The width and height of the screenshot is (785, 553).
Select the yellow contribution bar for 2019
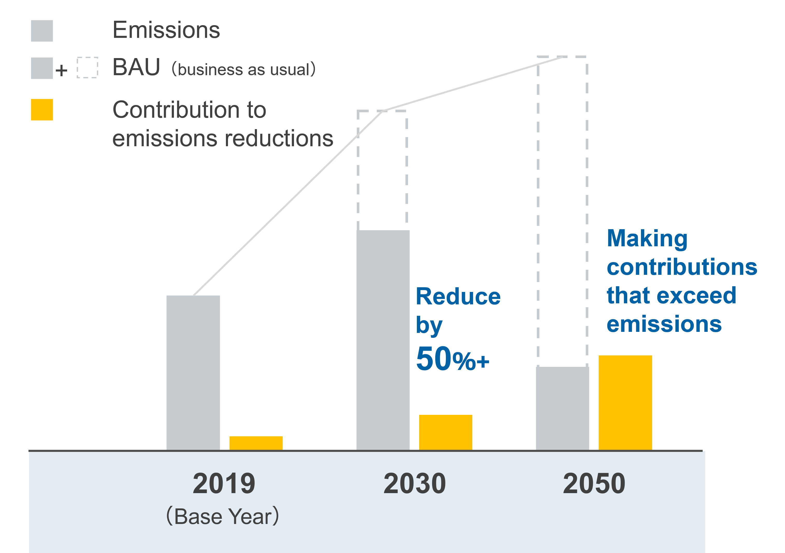click(x=256, y=443)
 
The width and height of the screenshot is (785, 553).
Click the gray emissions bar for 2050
click(x=562, y=408)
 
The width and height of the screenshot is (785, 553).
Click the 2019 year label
click(x=224, y=484)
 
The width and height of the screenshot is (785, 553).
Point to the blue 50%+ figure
click(x=452, y=359)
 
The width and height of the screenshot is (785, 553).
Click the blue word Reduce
click(x=458, y=296)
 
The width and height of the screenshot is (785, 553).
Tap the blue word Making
click(x=647, y=239)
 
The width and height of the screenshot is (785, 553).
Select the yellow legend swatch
click(x=42, y=109)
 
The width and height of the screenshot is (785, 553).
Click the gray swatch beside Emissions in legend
click(x=42, y=31)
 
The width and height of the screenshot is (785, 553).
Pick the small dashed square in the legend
click(x=87, y=68)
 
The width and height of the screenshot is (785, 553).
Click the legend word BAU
click(x=136, y=67)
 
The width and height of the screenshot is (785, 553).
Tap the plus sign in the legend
click(x=62, y=71)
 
